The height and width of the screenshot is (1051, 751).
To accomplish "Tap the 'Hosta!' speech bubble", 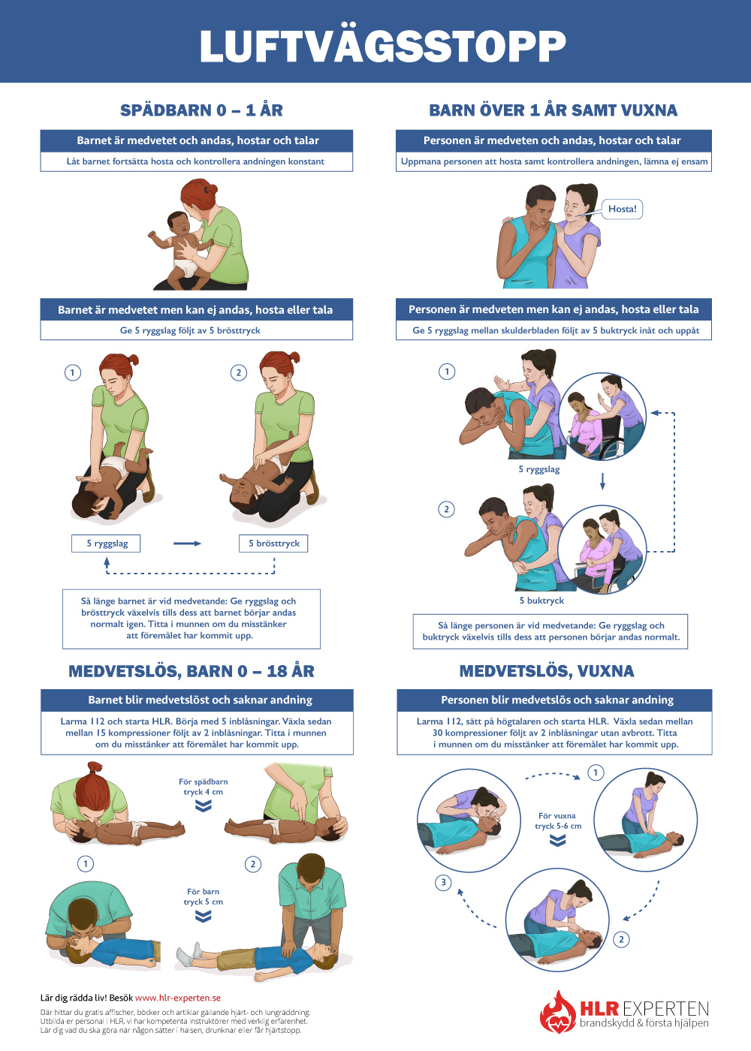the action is tap(622, 209).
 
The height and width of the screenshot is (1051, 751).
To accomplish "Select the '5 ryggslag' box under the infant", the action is tap(106, 544).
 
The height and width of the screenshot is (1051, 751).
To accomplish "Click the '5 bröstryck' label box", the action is tap(273, 544).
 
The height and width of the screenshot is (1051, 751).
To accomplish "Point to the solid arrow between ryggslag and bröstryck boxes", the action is tap(187, 544).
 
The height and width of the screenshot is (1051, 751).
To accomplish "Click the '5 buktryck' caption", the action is tap(541, 601).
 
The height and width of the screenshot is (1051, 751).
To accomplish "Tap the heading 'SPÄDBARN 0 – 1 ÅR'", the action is tap(201, 110).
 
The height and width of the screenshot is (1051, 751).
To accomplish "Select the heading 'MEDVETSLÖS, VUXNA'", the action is tap(547, 671).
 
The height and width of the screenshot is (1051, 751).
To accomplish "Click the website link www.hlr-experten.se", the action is tap(178, 998).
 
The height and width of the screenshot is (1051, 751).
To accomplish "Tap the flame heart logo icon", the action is tap(558, 1012).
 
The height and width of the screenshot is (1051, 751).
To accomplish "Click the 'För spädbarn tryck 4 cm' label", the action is tap(204, 787).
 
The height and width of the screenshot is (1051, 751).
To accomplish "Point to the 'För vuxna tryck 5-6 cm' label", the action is tap(557, 821).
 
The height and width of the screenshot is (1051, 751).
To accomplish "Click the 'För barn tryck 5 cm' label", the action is tap(204, 896).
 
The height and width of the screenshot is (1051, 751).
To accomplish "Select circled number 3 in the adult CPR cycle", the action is tap(444, 883).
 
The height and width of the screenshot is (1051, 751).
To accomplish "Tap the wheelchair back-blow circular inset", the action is tap(602, 417).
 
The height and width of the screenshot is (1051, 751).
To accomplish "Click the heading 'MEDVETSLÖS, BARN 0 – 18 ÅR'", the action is tap(192, 671).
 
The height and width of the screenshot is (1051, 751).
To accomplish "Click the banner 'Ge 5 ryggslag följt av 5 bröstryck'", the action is tap(190, 330).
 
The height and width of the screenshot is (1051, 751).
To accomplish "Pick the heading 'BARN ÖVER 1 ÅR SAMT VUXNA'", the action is tap(553, 110).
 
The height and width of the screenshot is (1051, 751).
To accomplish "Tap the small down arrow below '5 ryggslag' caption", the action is tap(602, 481).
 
